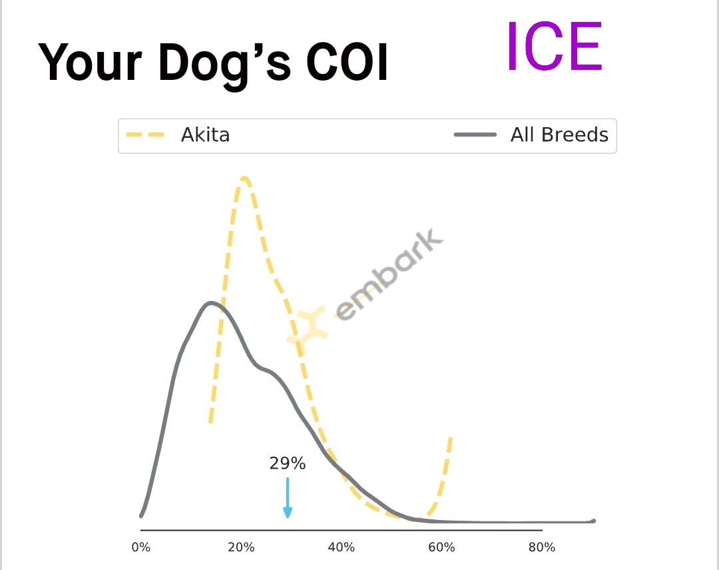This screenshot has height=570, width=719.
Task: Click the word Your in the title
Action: click(90, 63)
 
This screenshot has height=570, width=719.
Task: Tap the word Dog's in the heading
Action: click(225, 65)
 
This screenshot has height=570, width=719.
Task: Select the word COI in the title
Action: click(347, 63)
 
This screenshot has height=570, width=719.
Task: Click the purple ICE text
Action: click(555, 47)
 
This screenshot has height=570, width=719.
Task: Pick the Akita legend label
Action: click(205, 135)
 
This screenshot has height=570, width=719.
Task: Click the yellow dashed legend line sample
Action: click(145, 135)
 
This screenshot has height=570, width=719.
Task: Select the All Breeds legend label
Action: click(559, 135)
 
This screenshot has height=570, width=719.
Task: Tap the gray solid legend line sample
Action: click(475, 135)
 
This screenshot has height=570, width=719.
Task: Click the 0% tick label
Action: click(140, 547)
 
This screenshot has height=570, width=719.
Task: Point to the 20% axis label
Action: click(241, 547)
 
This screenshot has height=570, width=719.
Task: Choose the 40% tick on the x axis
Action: click(341, 547)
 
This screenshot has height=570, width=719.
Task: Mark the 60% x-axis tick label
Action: click(441, 547)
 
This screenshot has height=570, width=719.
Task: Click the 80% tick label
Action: click(541, 547)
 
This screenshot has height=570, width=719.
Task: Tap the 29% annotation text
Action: click(288, 463)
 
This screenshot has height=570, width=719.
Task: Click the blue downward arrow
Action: click(288, 497)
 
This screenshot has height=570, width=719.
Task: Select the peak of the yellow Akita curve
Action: click(244, 178)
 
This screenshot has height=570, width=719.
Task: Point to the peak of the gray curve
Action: click(210, 303)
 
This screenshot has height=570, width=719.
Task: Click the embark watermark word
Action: click(389, 274)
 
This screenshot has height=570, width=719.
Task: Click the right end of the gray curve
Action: click(594, 521)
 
